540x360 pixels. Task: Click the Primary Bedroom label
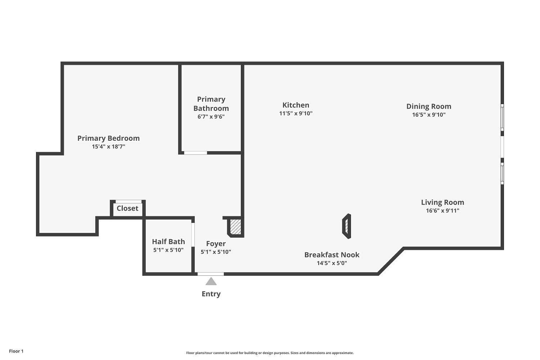[x=108, y=138]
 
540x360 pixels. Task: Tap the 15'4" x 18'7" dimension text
[x=108, y=147]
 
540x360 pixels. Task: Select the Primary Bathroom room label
[x=211, y=104]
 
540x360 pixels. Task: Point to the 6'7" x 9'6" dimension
[x=211, y=117]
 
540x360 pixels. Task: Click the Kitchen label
[x=296, y=105]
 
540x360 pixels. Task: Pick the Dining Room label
[x=428, y=106]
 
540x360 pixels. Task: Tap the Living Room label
[x=442, y=202]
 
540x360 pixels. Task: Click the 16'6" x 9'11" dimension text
[x=442, y=211]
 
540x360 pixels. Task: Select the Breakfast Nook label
[x=332, y=255]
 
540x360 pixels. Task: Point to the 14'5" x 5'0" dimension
[x=332, y=263]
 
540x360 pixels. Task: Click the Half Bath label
[x=168, y=242]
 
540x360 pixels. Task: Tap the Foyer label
[x=216, y=244]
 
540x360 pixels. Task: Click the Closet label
[x=127, y=208]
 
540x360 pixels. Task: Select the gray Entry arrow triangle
[x=211, y=282]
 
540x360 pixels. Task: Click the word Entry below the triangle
[x=211, y=294]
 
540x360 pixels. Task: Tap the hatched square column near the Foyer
[x=235, y=226]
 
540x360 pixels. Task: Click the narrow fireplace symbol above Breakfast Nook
[x=346, y=226]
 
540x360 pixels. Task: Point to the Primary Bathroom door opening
[x=195, y=153]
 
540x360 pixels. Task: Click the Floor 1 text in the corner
[x=16, y=351]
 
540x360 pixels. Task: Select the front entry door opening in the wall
[x=211, y=274]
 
